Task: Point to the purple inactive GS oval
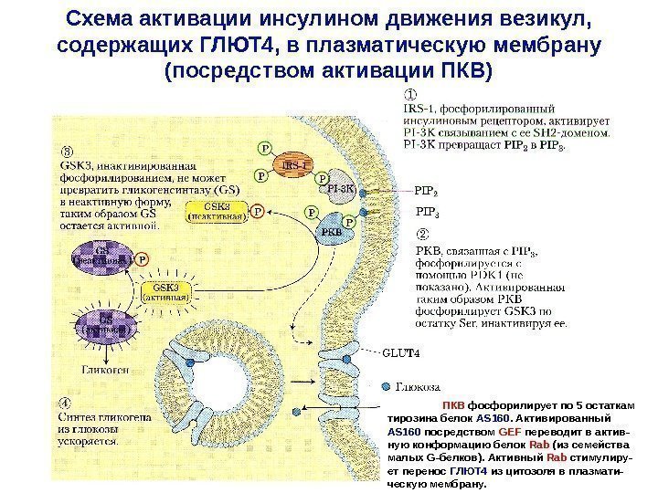97,254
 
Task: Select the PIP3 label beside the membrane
426,215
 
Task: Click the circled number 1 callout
412,94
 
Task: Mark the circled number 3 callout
68,151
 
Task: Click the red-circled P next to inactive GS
142,259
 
